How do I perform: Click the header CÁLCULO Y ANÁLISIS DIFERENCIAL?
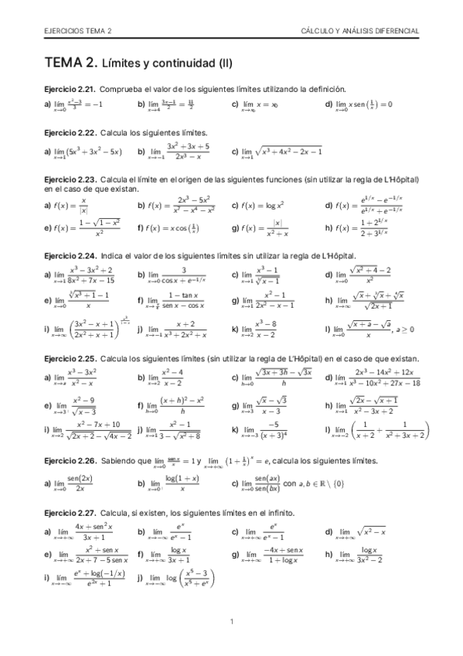click(360, 31)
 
